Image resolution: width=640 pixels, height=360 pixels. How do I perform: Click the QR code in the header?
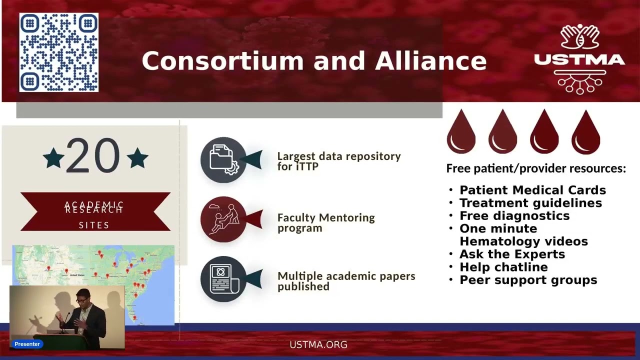59,52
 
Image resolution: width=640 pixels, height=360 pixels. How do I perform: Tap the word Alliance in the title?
430,60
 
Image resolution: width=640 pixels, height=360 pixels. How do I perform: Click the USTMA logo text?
579,60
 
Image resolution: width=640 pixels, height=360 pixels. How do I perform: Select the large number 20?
93,156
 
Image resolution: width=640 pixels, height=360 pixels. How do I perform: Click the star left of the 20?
53,158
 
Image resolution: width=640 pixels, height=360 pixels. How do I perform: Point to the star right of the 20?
137,158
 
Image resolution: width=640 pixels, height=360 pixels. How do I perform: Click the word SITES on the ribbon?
94,225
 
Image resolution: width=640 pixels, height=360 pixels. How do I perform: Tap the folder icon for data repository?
223,159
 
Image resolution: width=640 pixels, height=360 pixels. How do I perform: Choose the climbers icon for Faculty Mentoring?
223,219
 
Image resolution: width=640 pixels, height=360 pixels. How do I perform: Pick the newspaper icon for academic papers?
223,279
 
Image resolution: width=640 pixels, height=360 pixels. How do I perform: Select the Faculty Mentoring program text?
326,222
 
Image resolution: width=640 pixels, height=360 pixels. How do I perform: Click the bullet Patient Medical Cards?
532,190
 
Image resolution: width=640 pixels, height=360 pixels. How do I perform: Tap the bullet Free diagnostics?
514,215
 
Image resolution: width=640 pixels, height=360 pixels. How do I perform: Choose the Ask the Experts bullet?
512,254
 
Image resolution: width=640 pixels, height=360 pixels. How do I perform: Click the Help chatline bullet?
503,267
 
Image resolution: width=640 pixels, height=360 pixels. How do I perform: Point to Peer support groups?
528,280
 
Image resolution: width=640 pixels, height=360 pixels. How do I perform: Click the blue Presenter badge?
27,344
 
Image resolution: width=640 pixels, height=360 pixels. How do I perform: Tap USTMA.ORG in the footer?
318,344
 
